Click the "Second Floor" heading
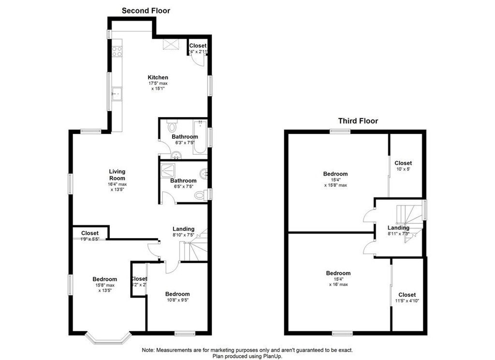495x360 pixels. [146, 10]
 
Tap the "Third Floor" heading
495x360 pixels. [358, 121]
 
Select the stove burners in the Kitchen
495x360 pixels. [117, 50]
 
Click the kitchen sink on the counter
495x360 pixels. [116, 94]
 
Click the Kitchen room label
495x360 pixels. [158, 77]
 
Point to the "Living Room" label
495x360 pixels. [117, 175]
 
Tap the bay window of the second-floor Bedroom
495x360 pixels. [108, 337]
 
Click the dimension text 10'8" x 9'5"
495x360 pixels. [177, 300]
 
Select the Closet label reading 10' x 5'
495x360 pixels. [403, 170]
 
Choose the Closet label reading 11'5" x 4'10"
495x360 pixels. [407, 301]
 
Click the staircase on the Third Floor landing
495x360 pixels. [407, 215]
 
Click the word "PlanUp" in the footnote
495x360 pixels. [272, 356]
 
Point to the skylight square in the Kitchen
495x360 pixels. [171, 44]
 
